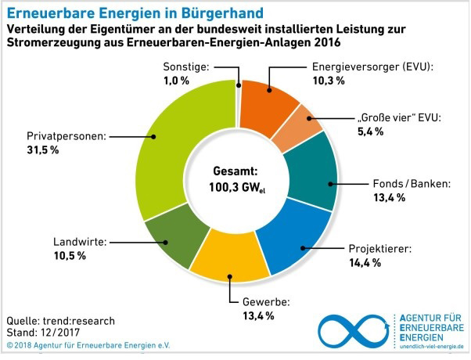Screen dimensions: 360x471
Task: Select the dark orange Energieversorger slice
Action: (x=269, y=99)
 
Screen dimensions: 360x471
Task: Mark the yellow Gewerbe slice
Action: (x=231, y=262)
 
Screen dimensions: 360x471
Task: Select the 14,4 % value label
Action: (x=365, y=263)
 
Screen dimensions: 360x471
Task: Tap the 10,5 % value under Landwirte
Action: (x=70, y=256)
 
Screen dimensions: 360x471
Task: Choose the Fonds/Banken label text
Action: (x=411, y=185)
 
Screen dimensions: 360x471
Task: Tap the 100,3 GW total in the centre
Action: (x=235, y=188)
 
